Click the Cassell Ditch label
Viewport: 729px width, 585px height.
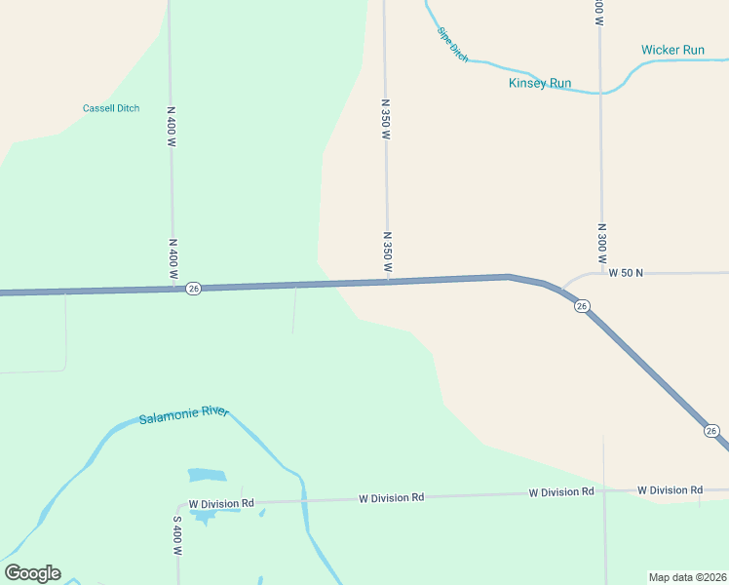coord(111,108)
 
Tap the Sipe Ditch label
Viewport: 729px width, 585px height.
coord(453,45)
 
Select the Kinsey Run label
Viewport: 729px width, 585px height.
coord(540,83)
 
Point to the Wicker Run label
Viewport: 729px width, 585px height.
coord(672,50)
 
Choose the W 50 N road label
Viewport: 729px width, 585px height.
coord(626,273)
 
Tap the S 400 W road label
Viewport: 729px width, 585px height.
coord(177,536)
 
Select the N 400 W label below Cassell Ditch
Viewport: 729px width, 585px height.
coord(171,127)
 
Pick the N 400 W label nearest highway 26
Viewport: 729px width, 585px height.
coord(173,259)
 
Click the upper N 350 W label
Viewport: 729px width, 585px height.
coord(385,119)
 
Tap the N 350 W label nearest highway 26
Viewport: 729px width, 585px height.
coord(387,252)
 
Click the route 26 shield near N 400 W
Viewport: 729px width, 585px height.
coord(194,289)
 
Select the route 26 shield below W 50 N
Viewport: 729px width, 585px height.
coord(582,306)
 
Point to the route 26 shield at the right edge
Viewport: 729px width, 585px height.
coord(711,430)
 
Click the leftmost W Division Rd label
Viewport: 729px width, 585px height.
coord(221,503)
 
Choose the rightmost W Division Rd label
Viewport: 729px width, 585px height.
coord(670,489)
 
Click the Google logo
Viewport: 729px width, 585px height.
coord(32,573)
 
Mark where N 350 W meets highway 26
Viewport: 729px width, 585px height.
coord(388,282)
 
